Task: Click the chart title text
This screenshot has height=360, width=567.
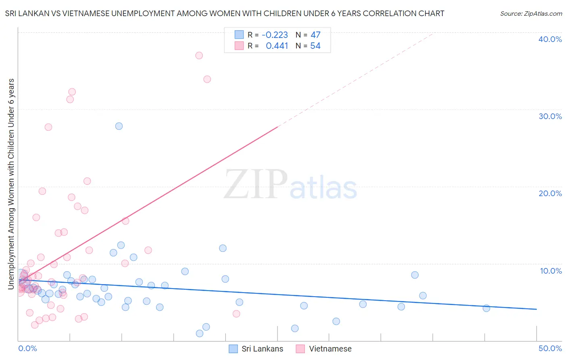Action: (x=225, y=13)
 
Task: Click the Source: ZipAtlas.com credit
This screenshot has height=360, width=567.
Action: (x=531, y=13)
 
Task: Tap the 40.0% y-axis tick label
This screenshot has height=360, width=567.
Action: (x=550, y=39)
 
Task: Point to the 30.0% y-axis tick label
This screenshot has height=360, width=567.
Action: (x=550, y=116)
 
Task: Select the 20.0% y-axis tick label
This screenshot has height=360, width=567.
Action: (x=550, y=193)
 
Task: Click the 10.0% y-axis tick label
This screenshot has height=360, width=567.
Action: (x=550, y=271)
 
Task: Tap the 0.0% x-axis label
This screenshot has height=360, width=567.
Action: (x=27, y=348)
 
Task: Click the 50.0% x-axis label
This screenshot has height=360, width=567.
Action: (x=550, y=348)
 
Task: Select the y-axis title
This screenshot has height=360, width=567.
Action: (x=11, y=184)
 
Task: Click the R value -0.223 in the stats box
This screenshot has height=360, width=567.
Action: (x=275, y=35)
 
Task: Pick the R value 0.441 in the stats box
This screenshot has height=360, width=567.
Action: (x=277, y=46)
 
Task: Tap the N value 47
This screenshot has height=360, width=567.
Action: (x=315, y=35)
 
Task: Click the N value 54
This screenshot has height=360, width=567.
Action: (x=315, y=46)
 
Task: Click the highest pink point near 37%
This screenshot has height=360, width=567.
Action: (x=199, y=55)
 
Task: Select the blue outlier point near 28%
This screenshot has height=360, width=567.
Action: (x=119, y=126)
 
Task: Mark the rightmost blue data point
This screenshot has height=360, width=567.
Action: (x=486, y=308)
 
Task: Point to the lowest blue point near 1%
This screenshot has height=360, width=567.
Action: (x=199, y=333)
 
